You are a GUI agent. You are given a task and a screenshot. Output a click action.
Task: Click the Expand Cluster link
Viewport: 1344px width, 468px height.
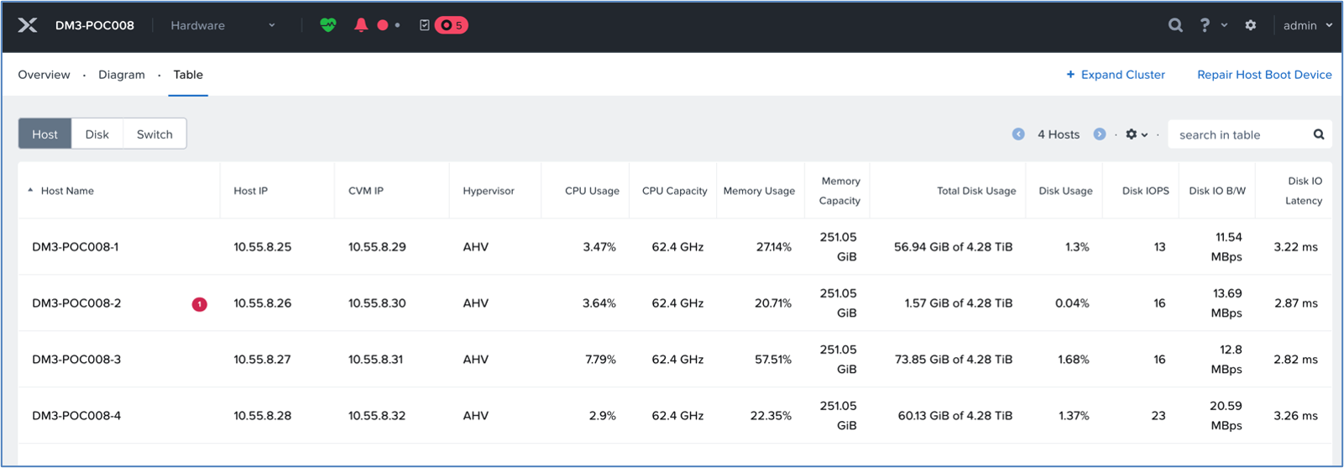point(1116,75)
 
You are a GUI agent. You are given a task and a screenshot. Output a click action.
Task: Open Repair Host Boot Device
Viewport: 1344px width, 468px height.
point(1264,75)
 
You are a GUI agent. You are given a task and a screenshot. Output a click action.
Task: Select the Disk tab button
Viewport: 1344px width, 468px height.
point(97,134)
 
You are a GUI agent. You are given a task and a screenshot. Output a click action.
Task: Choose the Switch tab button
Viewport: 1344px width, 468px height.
point(154,134)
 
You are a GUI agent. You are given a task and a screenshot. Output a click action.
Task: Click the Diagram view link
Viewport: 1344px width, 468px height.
point(122,75)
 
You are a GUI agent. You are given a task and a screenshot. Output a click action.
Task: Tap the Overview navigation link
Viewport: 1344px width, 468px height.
point(44,75)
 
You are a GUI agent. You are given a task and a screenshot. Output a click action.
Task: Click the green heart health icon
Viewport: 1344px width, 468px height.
point(327,24)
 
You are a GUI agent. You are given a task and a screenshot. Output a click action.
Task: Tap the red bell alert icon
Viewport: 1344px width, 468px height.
point(361,24)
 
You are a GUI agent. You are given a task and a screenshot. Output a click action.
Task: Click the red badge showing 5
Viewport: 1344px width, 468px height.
point(451,25)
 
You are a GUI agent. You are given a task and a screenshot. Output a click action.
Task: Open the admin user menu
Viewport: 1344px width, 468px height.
point(1307,25)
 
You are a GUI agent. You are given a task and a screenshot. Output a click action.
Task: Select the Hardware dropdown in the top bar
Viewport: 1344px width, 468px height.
point(222,25)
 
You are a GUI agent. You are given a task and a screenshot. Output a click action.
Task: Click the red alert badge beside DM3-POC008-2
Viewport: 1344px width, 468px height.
point(199,304)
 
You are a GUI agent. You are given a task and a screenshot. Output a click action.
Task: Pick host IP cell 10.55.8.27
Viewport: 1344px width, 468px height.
point(262,360)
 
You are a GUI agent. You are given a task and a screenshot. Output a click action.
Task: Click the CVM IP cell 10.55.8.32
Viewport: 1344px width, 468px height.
point(377,415)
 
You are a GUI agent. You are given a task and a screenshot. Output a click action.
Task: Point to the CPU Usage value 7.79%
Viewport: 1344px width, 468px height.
point(600,360)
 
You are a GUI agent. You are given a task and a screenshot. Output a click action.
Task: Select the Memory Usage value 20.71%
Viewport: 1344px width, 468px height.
point(773,302)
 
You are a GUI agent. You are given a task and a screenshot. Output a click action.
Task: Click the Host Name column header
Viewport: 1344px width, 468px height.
point(67,191)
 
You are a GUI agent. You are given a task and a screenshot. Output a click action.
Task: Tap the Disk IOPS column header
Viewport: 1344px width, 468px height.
point(1145,191)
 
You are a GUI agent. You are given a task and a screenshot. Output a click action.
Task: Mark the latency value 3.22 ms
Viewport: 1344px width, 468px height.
point(1295,247)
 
